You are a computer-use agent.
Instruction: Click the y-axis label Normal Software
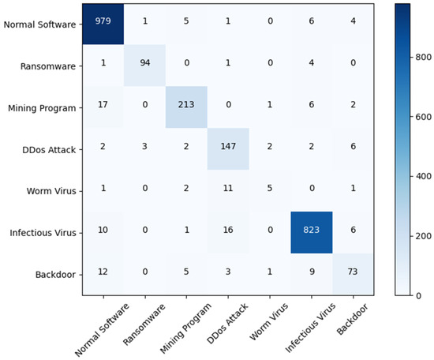(x=42, y=24)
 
